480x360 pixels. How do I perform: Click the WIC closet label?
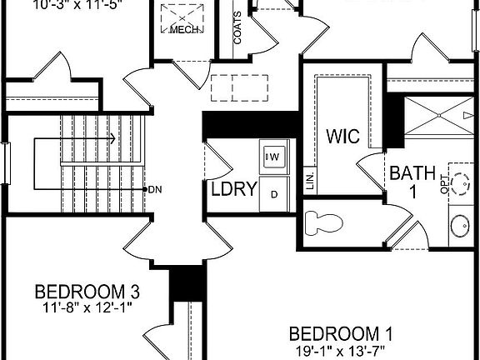[x=343, y=136]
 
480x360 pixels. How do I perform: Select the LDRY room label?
[x=232, y=189]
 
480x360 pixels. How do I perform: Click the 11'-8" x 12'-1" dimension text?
[x=87, y=307]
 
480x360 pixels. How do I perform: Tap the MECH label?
[x=183, y=30]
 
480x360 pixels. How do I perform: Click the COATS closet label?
[x=238, y=27]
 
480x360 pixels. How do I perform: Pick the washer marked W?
[x=274, y=156]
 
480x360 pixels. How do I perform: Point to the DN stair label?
[x=154, y=189]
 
